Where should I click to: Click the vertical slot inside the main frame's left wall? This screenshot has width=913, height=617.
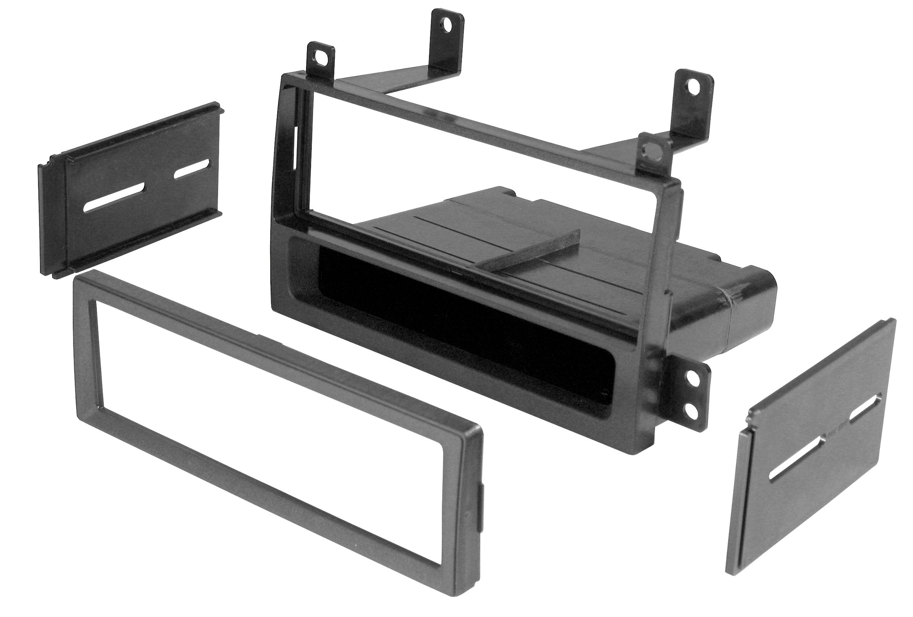295,149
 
